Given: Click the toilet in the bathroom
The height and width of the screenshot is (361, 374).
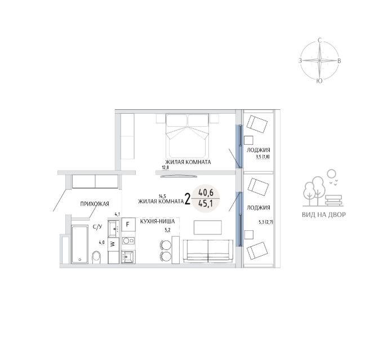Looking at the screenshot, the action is coord(96,257).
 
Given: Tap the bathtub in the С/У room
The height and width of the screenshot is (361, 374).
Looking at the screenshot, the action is coord(79,244).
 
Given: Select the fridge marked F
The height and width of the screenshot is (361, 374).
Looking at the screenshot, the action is coord(128,224).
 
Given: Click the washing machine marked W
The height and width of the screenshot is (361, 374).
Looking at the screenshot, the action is coord(113,244).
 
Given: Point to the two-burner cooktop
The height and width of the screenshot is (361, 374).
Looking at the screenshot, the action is coord(128,240).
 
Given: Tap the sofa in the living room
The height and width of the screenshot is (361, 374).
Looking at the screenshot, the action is coord(208,251).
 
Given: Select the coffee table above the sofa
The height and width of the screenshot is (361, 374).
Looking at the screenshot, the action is coord(208,228).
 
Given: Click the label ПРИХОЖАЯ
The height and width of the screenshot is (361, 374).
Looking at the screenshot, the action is coord(95,204).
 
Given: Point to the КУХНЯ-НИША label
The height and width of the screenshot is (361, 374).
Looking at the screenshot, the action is coord(157,221).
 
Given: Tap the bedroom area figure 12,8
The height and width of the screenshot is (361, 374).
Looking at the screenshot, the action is coord(165,167).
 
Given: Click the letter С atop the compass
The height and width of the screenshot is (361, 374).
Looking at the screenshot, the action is coord(320,41).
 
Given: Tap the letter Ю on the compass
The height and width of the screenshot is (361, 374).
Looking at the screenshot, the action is coord(319,81).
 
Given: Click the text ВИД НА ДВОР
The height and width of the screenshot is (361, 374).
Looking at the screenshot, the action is coord(324,215).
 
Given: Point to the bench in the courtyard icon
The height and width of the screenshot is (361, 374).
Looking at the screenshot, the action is coord(335,200).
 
